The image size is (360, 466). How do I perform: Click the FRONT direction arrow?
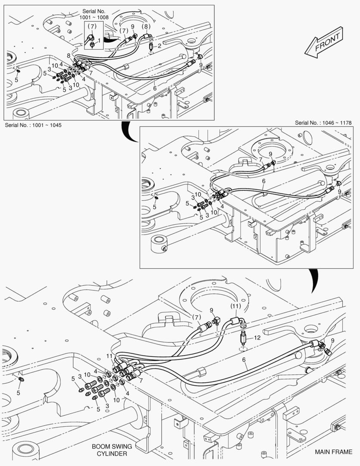pyautogui.click(x=324, y=43)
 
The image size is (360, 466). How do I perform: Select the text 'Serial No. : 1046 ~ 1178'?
pyautogui.click(x=326, y=123)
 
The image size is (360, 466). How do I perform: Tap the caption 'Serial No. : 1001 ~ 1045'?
pyautogui.click(x=33, y=125)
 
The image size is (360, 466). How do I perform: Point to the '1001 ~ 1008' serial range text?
pyautogui.click(x=94, y=17)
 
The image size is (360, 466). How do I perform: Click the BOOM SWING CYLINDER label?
pyautogui.click(x=112, y=450)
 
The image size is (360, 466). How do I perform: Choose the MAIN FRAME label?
pyautogui.click(x=333, y=452)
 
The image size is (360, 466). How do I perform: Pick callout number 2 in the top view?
pyautogui.click(x=159, y=46)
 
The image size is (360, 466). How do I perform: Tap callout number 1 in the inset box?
pyautogui.click(x=99, y=40)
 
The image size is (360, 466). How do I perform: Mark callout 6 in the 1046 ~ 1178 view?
pyautogui.click(x=263, y=181)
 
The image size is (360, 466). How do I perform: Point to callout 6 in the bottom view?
pyautogui.click(x=244, y=359)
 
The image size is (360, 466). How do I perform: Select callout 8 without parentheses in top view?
pyautogui.click(x=68, y=56)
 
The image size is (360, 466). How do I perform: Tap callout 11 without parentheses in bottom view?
pyautogui.click(x=110, y=356)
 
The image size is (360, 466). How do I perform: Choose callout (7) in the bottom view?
pyautogui.click(x=197, y=317)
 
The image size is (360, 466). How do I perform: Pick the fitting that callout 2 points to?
pyautogui.click(x=151, y=45)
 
